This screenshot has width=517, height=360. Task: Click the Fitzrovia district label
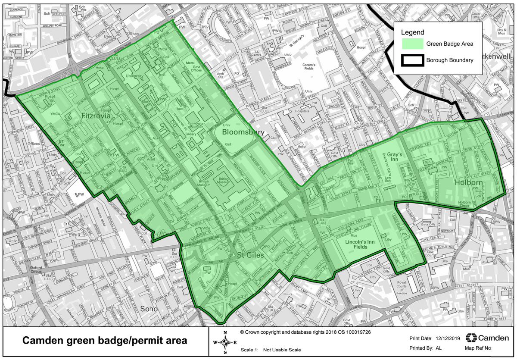click(x=96, y=116)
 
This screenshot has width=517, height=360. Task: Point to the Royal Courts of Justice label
click(x=402, y=289)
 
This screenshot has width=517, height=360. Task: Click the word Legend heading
click(x=412, y=32)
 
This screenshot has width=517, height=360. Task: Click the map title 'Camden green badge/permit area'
click(x=105, y=341)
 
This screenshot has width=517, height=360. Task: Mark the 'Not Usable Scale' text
click(x=282, y=350)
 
